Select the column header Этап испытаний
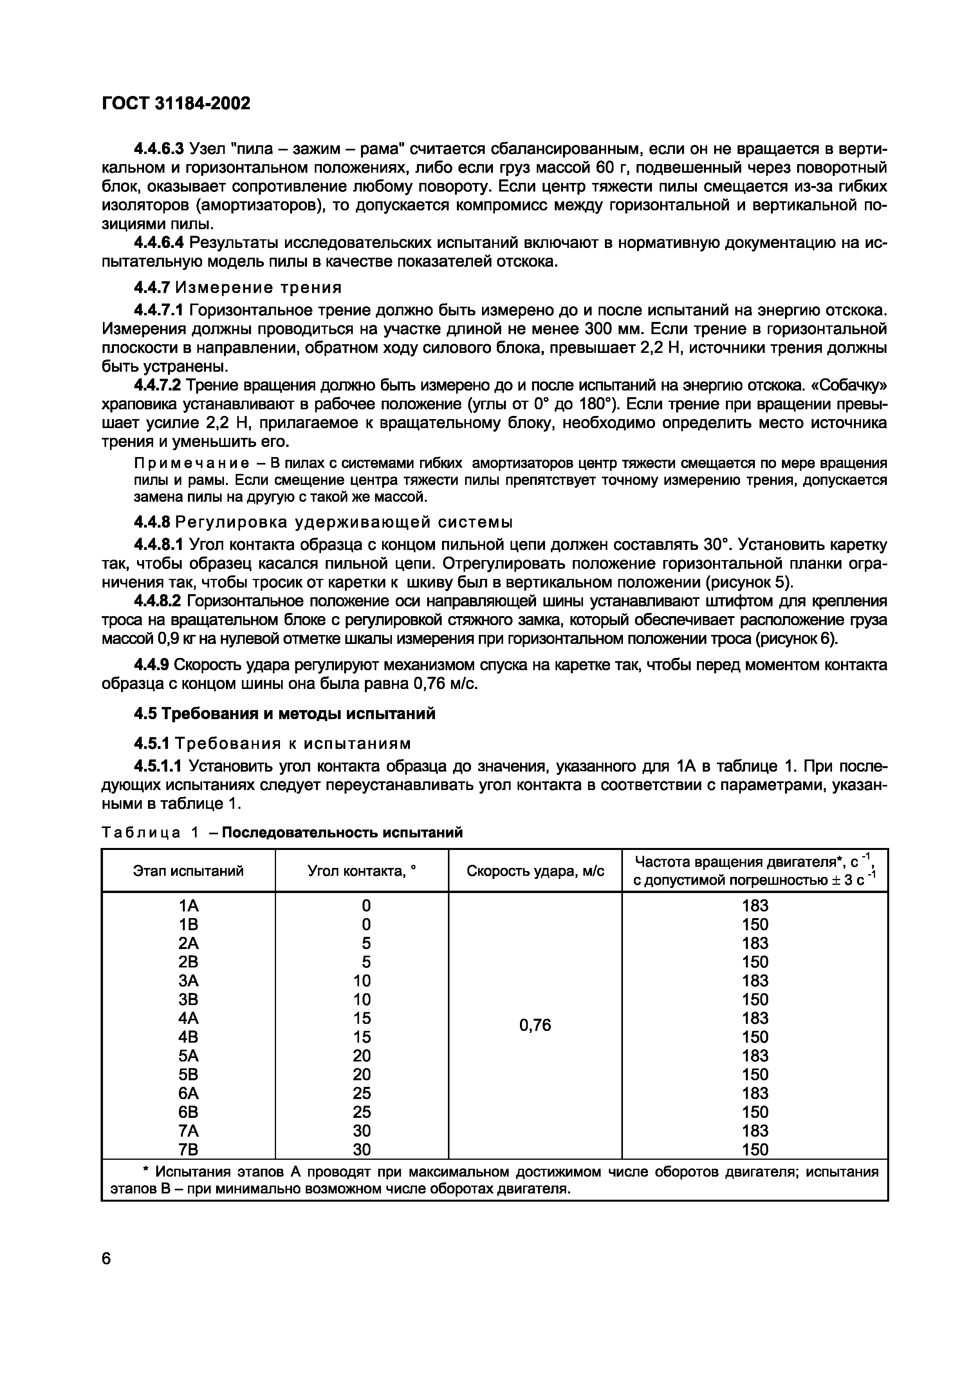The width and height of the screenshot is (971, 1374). tap(188, 871)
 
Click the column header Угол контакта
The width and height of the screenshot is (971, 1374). tap(361, 871)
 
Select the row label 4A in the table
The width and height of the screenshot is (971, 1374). tap(188, 1018)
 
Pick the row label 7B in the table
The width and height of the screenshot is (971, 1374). tap(188, 1150)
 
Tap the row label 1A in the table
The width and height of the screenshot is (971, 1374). tap(188, 906)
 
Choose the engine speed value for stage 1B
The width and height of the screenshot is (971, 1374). tap(754, 925)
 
